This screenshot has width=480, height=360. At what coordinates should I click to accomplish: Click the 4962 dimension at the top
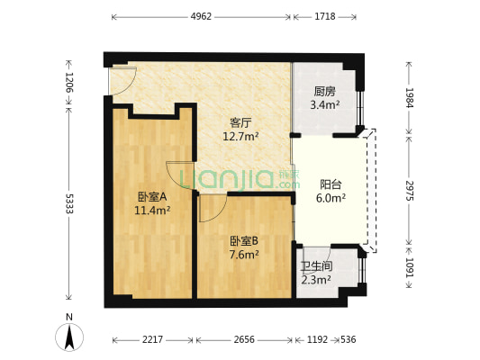[x=202, y=16]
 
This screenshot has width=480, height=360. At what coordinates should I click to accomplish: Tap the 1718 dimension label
[x=324, y=16]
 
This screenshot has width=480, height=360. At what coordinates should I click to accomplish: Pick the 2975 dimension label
[x=410, y=189]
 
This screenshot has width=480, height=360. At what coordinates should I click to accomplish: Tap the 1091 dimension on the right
[x=410, y=266]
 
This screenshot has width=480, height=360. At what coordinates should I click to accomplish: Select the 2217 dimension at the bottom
[x=152, y=340]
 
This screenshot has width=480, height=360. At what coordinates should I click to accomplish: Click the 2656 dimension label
[x=245, y=340]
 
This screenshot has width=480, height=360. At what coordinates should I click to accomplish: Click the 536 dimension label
[x=347, y=340]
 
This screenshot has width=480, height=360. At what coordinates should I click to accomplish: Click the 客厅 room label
[x=240, y=123]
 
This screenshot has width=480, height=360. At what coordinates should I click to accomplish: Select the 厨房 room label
[x=324, y=92]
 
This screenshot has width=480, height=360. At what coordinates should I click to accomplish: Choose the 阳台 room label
[x=331, y=184]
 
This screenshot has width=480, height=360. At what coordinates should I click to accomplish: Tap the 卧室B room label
[x=244, y=240]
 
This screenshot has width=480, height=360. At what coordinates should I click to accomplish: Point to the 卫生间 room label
[x=316, y=266]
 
